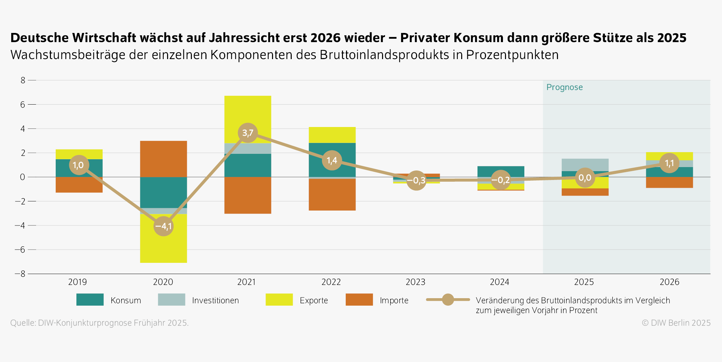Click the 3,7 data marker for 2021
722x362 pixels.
248,133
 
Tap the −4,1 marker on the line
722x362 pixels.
163,226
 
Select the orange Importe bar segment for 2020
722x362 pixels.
163,159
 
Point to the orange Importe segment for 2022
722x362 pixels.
332,195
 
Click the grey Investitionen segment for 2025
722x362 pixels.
585,165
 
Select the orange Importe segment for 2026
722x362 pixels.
669,182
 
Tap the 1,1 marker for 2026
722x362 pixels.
669,163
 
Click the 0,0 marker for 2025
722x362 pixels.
585,178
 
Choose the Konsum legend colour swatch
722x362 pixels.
90,300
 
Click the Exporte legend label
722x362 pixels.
314,301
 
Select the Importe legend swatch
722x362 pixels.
359,300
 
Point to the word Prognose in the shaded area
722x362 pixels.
564,87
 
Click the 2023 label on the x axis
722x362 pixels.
415,282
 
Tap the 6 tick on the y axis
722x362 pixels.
23,105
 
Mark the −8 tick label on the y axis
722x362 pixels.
20,274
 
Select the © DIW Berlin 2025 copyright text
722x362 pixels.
676,323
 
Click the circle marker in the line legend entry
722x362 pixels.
448,300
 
